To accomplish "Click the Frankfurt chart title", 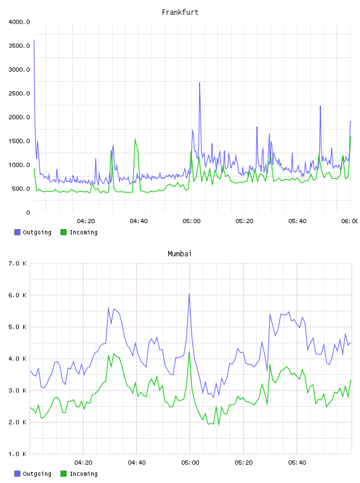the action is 180,12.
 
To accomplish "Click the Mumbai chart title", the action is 179,254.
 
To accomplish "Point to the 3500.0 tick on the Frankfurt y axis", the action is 20,46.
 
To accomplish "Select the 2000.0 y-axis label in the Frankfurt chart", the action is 20,117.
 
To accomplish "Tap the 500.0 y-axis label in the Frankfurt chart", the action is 21,189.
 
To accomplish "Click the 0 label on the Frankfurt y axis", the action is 28,212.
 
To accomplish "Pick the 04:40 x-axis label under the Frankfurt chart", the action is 139,221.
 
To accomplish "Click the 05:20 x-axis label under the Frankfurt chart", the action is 245,221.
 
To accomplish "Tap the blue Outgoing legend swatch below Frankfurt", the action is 17,232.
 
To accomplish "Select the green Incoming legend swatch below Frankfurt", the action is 63,232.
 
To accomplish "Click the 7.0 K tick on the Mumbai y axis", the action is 18,263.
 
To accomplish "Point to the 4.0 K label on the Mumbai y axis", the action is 18,359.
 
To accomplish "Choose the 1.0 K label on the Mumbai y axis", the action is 18,454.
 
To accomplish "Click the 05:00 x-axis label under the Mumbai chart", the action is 190,463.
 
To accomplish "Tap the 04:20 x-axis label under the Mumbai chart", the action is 83,463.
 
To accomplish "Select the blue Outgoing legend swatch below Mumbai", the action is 17,474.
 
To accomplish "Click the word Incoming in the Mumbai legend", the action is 83,474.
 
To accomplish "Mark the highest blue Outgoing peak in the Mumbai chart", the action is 189,294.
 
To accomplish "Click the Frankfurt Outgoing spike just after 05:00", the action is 200,83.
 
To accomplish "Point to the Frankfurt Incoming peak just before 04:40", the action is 135,139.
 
